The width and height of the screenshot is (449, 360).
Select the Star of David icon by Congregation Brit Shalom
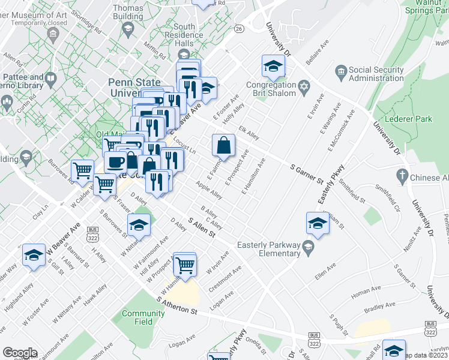(304, 89)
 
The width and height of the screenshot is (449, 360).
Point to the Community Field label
(143, 317)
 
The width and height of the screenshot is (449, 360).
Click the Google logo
(20, 353)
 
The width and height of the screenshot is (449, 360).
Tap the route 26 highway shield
(239, 29)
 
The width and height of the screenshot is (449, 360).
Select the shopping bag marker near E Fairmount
(223, 146)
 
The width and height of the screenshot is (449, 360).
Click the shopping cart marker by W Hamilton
(185, 264)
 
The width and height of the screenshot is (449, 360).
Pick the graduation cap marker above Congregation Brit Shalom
(273, 67)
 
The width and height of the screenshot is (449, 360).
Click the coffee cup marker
(115, 162)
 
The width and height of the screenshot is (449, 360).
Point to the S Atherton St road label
(177, 305)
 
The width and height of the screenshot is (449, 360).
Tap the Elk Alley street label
(249, 132)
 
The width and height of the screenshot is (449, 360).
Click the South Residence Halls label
(184, 35)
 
